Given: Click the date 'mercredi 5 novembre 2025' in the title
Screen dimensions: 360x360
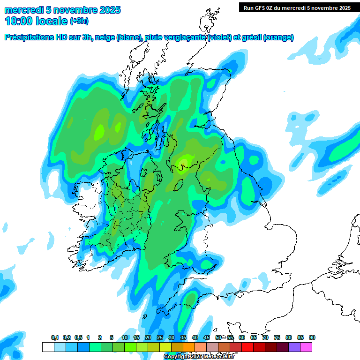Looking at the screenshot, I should tap(62, 10).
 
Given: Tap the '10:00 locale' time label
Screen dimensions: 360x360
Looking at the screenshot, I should tap(36, 21).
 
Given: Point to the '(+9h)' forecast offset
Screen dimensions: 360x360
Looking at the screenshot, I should tap(79, 21).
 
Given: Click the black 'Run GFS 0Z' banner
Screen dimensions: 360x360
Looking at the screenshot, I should tap(295, 7).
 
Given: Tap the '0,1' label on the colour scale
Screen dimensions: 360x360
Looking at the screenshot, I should tap(54, 337).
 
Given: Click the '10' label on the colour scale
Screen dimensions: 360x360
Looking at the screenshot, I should tap(125, 337).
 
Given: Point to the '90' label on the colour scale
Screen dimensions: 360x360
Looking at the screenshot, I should tap(312, 337).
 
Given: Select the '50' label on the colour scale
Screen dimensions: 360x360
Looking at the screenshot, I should tap(218, 337).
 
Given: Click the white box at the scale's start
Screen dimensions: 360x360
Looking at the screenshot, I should tap(48, 347).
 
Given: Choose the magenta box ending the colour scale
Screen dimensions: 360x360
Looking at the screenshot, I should tap(306, 347).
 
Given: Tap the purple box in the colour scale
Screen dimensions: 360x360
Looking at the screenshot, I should tap(294, 347).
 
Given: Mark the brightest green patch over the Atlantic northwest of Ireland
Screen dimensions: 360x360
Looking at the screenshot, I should tap(99, 132).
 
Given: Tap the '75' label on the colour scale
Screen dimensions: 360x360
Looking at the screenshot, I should tap(277, 337).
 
